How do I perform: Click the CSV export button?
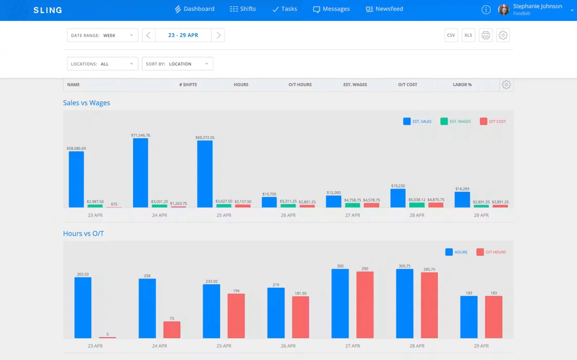pyautogui.click(x=451, y=35)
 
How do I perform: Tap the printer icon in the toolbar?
pyautogui.click(x=486, y=35)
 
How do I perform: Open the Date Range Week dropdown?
pyautogui.click(x=102, y=35)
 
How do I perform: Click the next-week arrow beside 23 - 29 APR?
pyautogui.click(x=218, y=35)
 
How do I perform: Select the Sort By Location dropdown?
pyautogui.click(x=178, y=64)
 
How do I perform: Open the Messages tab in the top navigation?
pyautogui.click(x=331, y=9)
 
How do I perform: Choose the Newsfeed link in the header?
pyautogui.click(x=384, y=9)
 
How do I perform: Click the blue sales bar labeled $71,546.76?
pyautogui.click(x=141, y=173)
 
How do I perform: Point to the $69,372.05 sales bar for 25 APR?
pyautogui.click(x=205, y=174)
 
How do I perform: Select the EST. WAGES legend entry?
pyautogui.click(x=455, y=122)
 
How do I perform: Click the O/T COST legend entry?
pyautogui.click(x=493, y=122)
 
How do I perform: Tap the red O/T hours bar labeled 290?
pyautogui.click(x=365, y=305)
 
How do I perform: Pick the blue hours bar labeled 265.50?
pyautogui.click(x=83, y=308)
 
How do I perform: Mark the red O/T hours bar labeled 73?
pyautogui.click(x=172, y=330)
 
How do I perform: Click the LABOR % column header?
pyautogui.click(x=462, y=85)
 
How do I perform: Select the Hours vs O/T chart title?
pyautogui.click(x=84, y=233)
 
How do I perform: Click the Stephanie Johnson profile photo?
pyautogui.click(x=503, y=9)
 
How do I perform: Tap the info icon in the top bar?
pyautogui.click(x=486, y=10)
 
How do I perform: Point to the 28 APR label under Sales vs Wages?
pyautogui.click(x=417, y=216)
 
